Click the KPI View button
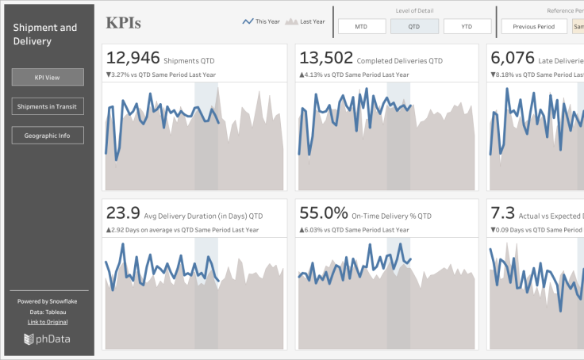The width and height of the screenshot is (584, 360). [48, 77]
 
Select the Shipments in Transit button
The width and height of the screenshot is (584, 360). [48, 106]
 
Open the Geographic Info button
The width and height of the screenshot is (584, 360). [48, 136]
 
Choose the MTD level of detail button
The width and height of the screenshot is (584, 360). [361, 26]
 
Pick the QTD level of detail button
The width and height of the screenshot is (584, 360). [414, 26]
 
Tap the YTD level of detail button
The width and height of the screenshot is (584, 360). [467, 26]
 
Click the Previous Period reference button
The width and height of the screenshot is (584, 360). [533, 26]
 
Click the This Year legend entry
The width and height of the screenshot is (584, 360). [261, 21]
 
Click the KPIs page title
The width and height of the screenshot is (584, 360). [124, 23]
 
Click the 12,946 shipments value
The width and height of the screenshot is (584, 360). [133, 58]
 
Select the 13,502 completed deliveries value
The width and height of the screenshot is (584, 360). [325, 58]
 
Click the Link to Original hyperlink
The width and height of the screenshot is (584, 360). [48, 322]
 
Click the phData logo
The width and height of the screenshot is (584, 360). [48, 339]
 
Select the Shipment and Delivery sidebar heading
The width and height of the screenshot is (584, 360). [45, 34]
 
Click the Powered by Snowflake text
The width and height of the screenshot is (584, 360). [48, 301]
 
